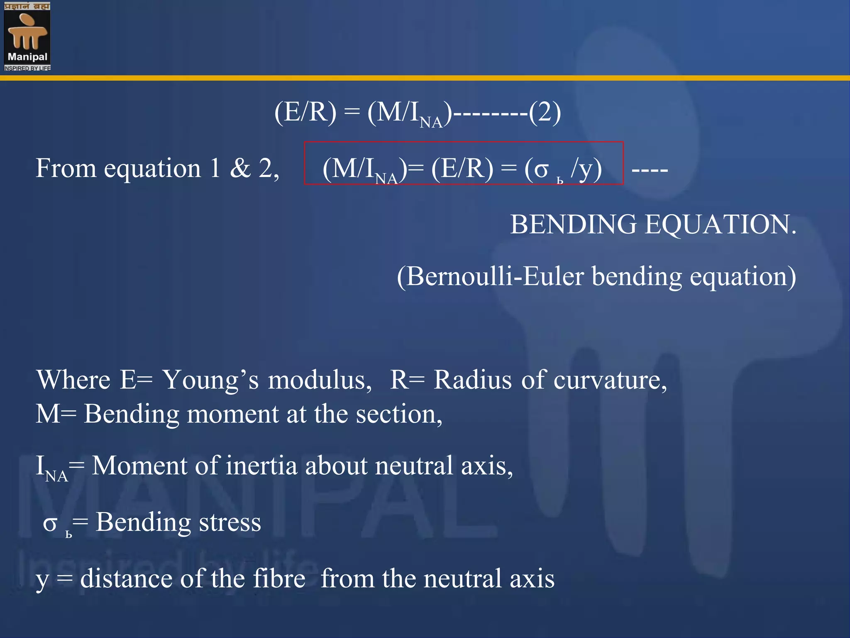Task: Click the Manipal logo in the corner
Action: tap(27, 36)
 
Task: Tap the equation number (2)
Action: tap(545, 112)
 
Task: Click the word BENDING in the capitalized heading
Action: tap(573, 225)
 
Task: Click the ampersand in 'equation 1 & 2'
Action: tap(240, 169)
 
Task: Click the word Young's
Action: tap(210, 380)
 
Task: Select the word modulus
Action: tap(319, 380)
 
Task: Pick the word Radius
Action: tap(472, 380)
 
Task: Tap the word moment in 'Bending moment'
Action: tap(232, 415)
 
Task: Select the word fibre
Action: tap(279, 579)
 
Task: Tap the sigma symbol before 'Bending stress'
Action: tap(50, 523)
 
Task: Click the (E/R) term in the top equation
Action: tap(305, 112)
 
